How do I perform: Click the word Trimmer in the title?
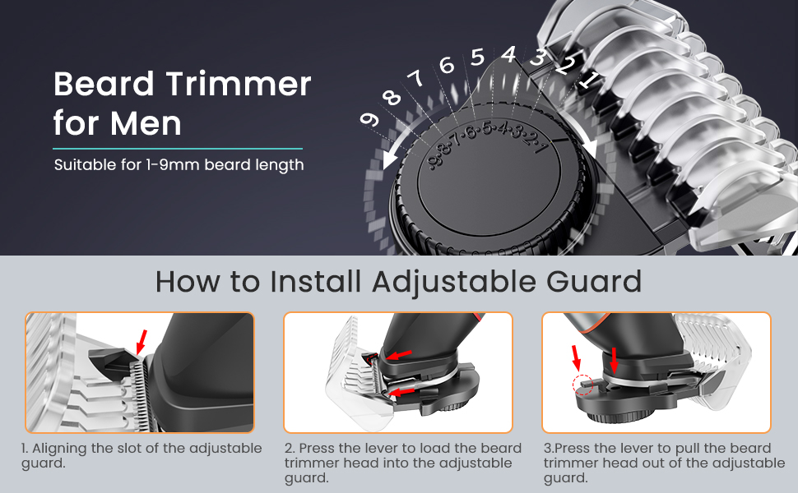point(239,84)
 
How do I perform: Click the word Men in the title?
point(146,123)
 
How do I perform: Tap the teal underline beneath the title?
point(178,149)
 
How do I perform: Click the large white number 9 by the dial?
point(369,119)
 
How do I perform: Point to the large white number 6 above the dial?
point(447,65)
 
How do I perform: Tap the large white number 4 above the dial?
point(508,54)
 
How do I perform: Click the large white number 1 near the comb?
point(589,80)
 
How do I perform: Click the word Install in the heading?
point(316,281)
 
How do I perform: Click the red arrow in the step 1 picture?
point(142,342)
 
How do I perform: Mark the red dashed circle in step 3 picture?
point(582,385)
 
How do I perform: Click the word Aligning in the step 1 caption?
point(59,449)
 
